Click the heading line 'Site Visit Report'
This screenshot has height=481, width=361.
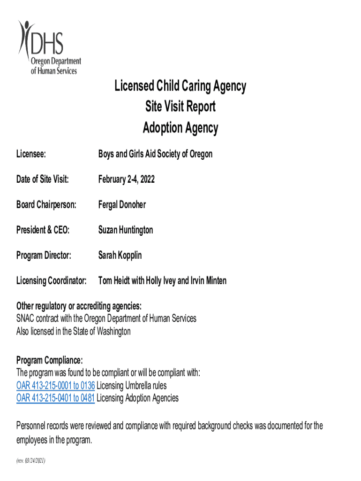point(180,107)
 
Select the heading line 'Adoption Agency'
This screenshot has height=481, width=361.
point(180,128)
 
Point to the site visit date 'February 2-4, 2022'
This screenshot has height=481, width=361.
point(126,179)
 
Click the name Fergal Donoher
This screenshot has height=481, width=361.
point(122,205)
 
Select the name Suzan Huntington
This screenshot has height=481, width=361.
point(125,230)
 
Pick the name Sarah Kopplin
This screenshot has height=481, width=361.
point(120,256)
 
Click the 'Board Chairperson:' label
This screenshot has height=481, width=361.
point(46,205)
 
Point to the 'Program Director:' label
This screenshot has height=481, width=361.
point(44,256)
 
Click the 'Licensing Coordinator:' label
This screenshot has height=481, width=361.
point(52,281)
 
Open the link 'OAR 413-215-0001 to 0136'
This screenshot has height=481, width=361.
point(56,386)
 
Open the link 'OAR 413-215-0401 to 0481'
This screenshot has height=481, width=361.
point(56,398)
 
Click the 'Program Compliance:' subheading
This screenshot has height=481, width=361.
point(50,360)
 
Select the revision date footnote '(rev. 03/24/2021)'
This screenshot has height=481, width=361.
point(31,461)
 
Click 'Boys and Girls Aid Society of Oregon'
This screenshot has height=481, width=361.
point(155,154)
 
